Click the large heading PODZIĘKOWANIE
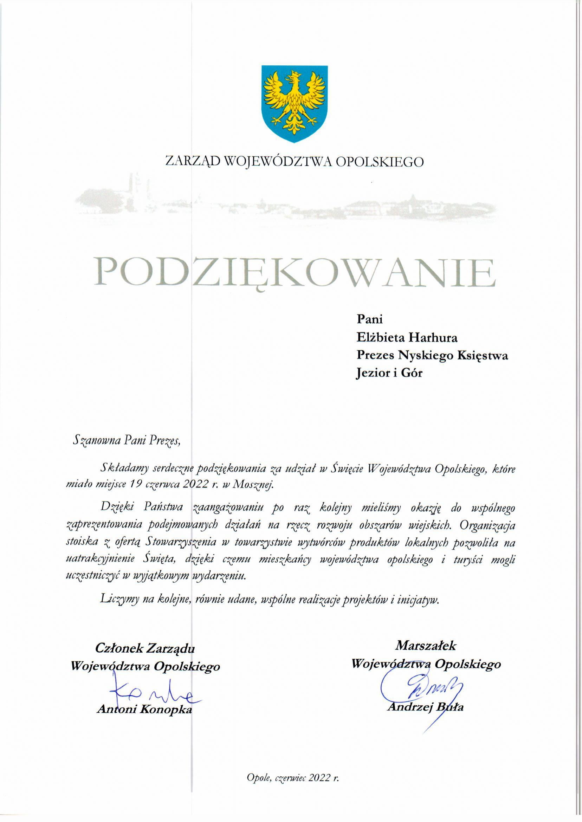click(x=295, y=273)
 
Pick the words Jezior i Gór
click(x=389, y=373)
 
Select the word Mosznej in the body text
click(x=253, y=485)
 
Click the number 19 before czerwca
click(x=136, y=484)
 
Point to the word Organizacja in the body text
click(x=487, y=525)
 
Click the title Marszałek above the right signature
click(x=426, y=646)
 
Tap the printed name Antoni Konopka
click(x=144, y=710)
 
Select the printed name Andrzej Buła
click(x=425, y=707)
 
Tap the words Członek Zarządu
click(x=145, y=648)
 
